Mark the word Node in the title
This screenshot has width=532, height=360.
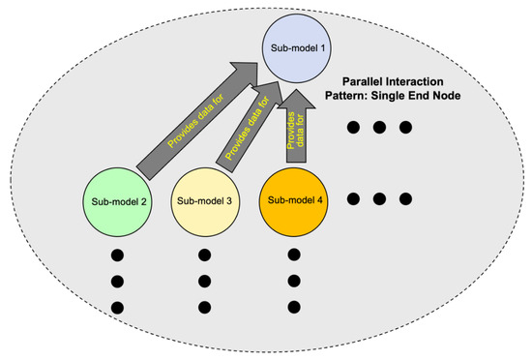(471, 100)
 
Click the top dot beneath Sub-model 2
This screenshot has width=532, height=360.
(118, 256)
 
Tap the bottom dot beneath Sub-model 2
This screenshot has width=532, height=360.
(118, 308)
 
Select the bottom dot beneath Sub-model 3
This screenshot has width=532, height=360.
(204, 308)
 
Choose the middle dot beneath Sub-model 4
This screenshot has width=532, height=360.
(294, 283)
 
